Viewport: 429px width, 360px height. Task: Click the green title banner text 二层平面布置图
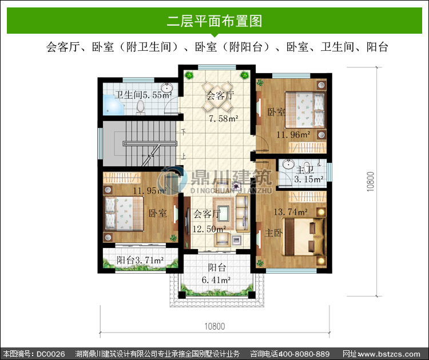coord(214,21)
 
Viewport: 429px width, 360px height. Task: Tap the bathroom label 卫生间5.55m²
coord(143,95)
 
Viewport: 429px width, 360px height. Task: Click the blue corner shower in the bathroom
coord(114,105)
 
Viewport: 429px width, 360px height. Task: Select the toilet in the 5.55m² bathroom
coord(140,107)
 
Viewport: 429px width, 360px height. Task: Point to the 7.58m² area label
coord(224,119)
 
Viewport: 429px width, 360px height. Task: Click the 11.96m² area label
coord(293,134)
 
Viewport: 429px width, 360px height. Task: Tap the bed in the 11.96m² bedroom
coord(305,110)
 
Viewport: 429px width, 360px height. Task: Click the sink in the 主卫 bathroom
coord(288,165)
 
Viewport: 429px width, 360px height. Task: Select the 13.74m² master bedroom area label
coord(291,212)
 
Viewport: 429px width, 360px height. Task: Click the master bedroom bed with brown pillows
coord(303,237)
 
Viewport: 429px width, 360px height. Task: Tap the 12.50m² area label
coord(209,229)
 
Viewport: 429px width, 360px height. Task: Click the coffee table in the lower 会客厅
coord(224,214)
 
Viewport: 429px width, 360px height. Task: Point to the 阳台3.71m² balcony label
coord(140,260)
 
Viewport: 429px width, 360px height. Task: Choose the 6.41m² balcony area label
coord(216,280)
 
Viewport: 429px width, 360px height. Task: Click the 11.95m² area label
coord(150,190)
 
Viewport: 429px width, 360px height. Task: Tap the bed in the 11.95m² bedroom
coord(124,214)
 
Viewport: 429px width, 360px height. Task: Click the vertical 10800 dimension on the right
coord(370,182)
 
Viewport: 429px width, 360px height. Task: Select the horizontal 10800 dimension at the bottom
coord(214,326)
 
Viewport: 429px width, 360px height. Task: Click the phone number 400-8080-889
coord(304,354)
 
